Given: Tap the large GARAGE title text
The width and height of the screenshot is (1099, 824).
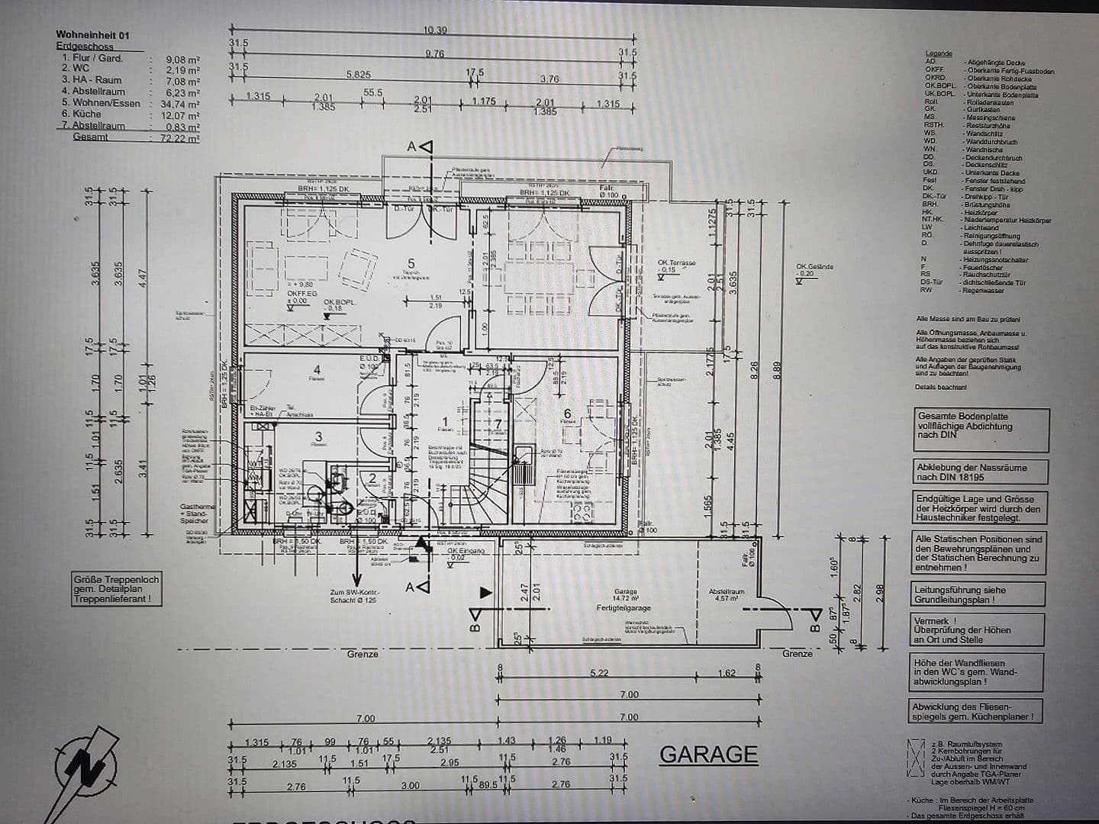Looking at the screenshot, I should point(708,754).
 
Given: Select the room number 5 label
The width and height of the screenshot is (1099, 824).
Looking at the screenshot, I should point(411,264).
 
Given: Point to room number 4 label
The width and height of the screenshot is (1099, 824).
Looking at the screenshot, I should point(317,371).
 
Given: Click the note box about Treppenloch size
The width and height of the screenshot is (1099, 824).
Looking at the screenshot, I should point(117,589).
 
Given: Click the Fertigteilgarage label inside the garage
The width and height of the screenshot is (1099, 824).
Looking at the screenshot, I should point(624,608).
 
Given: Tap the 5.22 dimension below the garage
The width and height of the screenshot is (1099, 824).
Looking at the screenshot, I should point(600,672).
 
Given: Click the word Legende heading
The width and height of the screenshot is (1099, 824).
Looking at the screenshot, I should point(938,54).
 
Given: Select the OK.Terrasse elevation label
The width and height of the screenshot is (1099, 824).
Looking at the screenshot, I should point(676,262).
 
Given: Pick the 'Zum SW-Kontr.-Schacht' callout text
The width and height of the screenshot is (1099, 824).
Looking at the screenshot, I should point(355,596).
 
